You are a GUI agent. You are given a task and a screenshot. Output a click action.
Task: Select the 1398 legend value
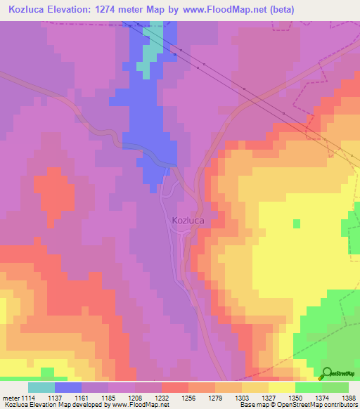349,397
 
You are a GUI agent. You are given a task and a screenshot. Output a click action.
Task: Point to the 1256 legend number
188,397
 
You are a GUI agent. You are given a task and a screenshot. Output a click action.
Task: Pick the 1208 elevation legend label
136,397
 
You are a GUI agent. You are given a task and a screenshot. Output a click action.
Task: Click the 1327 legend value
269,397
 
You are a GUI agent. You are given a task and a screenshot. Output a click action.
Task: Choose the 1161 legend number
82,397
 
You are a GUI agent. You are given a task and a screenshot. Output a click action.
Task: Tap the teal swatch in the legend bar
41,387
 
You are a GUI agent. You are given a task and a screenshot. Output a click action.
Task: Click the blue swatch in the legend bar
68,387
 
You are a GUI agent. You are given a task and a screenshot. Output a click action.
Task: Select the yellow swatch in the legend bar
282,387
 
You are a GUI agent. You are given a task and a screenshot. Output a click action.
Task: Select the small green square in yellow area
296,223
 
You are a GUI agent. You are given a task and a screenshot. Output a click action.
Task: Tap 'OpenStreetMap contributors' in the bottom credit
323,405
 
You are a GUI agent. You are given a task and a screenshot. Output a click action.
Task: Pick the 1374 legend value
322,397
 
